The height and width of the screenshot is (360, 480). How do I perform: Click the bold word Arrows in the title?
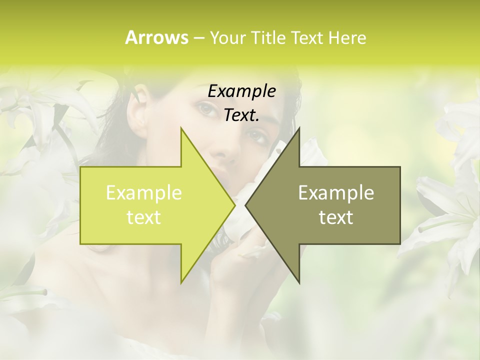(x=156, y=37)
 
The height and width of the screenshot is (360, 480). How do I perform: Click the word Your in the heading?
(x=227, y=38)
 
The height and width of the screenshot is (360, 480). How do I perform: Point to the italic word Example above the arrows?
(x=241, y=91)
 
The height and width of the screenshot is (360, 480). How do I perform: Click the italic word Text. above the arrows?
(x=241, y=115)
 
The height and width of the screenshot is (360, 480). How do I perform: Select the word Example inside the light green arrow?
(x=143, y=193)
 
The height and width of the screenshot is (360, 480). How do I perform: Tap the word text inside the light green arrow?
(x=143, y=217)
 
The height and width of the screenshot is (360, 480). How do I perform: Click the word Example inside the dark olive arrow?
(x=336, y=193)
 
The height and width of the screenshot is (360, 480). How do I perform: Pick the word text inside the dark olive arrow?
(x=336, y=217)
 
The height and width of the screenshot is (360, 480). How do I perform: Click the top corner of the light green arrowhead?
(x=182, y=128)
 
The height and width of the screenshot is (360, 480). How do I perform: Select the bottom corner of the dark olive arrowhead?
(x=298, y=282)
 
